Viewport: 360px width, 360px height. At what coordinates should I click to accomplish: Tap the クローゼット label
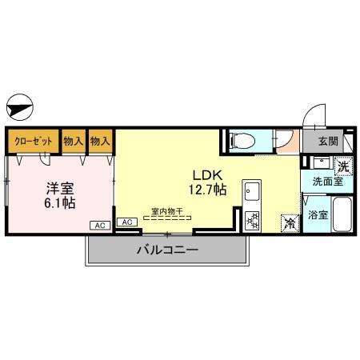33,141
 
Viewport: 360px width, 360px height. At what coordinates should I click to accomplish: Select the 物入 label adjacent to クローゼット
74,141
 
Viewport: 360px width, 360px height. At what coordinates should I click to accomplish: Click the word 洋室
59,189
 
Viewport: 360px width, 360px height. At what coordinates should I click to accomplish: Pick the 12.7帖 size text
207,190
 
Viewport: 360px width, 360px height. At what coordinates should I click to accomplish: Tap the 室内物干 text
167,212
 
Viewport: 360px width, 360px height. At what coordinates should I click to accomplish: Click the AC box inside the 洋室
101,226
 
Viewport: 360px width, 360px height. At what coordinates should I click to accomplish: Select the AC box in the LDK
126,222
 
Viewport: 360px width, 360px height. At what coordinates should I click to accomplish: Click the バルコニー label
166,250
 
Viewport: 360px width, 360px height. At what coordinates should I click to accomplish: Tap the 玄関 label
328,142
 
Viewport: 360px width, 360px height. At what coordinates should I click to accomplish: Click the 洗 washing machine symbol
342,167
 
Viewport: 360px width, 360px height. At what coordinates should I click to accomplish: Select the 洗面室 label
327,182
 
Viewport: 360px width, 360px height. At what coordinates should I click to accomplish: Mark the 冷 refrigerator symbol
287,223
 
